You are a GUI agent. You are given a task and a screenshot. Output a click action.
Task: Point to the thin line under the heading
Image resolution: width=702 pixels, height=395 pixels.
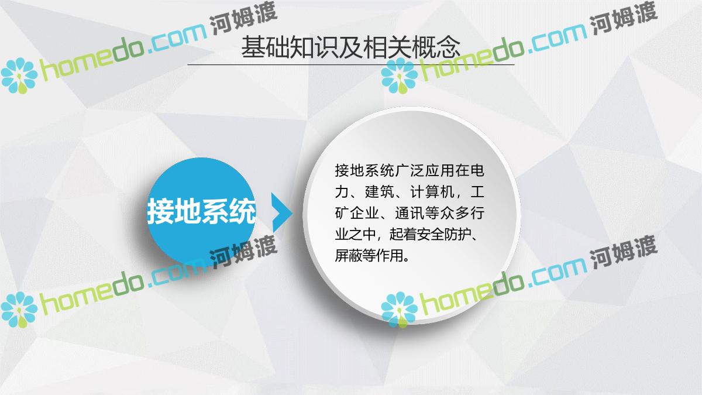(x=351, y=64)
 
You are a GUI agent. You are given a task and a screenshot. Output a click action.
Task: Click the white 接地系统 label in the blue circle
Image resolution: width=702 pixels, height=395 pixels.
(x=201, y=211)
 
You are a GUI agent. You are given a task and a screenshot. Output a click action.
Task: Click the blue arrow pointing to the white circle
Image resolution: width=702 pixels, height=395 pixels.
(x=282, y=212)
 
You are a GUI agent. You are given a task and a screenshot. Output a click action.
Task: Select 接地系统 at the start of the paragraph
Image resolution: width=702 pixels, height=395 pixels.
(x=364, y=171)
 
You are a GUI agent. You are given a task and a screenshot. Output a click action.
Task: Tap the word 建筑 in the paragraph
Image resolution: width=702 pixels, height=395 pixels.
(x=380, y=192)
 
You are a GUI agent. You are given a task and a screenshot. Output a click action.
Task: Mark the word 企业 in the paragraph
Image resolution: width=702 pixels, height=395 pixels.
(x=364, y=213)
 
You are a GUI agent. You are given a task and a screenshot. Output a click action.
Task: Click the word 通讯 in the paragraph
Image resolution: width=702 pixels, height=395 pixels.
(x=409, y=213)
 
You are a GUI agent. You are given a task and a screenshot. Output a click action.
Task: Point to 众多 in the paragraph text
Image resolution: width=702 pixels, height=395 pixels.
(x=455, y=213)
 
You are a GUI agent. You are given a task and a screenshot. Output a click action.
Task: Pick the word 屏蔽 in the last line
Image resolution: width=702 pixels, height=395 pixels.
(x=349, y=256)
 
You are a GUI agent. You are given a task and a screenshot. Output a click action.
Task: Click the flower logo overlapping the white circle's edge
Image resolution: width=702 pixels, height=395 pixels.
(x=399, y=310)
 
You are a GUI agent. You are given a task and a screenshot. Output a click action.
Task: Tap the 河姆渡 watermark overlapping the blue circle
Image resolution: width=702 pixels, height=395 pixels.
(x=243, y=253)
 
